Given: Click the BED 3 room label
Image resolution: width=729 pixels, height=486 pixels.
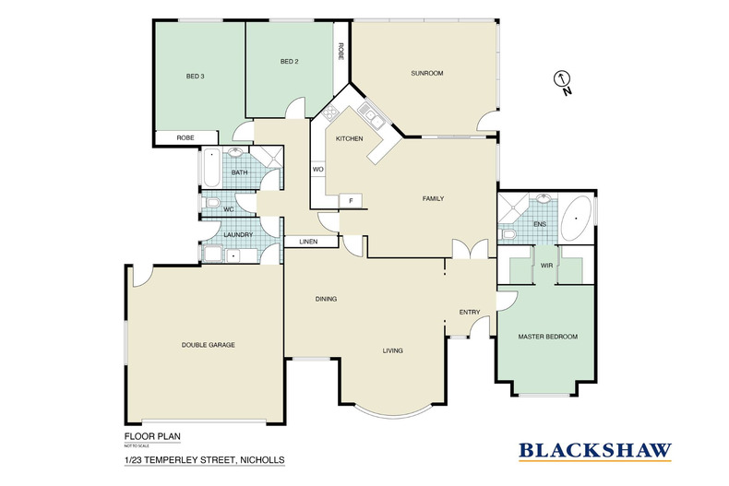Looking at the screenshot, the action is point(196,77).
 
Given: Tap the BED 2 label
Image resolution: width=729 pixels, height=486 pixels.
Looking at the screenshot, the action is point(289,62).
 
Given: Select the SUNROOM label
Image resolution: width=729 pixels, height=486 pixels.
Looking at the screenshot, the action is point(427,73).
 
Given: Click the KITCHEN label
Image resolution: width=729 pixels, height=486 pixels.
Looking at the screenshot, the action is point(349,138).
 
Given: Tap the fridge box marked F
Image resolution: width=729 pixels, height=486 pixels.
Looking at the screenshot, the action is point(351,201).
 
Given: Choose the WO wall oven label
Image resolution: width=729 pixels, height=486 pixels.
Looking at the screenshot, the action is point(317,169).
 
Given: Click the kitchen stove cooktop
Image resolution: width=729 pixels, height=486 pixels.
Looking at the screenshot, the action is point(330,112).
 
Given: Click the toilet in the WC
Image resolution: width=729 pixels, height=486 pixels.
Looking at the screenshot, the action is point(211,203).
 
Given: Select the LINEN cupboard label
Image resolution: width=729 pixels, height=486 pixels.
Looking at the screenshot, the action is point(308,242).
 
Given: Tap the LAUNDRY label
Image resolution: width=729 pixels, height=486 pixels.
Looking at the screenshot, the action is point(238,234).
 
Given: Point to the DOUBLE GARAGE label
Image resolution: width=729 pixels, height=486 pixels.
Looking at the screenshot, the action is point(208,345).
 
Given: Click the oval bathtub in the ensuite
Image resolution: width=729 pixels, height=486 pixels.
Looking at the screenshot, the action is point(576,218).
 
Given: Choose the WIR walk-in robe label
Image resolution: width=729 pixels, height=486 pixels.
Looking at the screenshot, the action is point(546,266).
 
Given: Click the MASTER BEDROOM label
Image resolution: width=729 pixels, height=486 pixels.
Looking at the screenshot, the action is point(548,337).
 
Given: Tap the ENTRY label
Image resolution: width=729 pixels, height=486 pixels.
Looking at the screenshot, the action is point(470,313).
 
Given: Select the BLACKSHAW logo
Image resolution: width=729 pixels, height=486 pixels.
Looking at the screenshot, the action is point(595,451).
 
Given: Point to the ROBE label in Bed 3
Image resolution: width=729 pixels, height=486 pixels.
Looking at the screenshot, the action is point(185,138).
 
